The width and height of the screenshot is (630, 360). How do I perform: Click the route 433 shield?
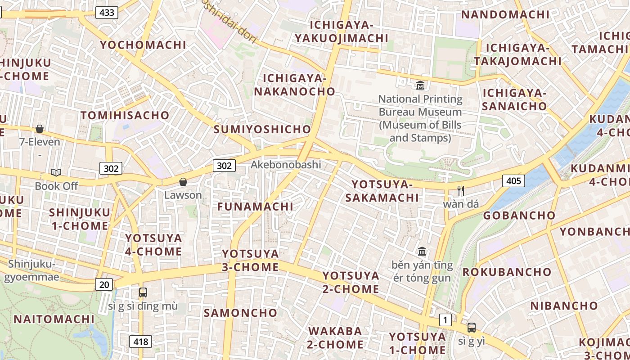(x=107, y=13)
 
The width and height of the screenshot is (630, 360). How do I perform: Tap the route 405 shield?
(x=513, y=181)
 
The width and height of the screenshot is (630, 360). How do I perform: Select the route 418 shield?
(x=140, y=342)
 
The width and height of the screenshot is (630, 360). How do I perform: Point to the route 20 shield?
(x=104, y=284)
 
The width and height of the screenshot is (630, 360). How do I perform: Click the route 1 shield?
(x=445, y=320)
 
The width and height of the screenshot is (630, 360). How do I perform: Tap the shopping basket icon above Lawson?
(x=183, y=182)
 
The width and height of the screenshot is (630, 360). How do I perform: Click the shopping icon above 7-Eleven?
(x=40, y=129)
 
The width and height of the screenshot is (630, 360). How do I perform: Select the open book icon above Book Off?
(x=56, y=172)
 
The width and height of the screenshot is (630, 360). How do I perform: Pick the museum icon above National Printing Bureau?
(x=420, y=85)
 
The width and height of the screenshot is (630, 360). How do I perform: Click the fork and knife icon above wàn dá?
(x=460, y=190)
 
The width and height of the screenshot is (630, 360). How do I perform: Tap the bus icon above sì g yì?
(x=471, y=327)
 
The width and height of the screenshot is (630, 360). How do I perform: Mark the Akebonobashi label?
(x=286, y=164)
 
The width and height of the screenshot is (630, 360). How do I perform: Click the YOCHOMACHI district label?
(x=143, y=45)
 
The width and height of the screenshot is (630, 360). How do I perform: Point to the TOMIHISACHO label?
(x=125, y=115)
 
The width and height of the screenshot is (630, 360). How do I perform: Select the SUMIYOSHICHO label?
(x=262, y=130)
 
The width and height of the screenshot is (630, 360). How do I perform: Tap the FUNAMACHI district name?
(x=255, y=207)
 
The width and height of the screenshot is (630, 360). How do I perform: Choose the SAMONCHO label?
(x=241, y=313)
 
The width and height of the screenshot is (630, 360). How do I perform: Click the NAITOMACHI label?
(x=54, y=319)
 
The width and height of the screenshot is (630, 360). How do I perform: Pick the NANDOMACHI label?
(x=505, y=14)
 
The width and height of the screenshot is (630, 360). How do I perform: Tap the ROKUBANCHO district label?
(x=507, y=272)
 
